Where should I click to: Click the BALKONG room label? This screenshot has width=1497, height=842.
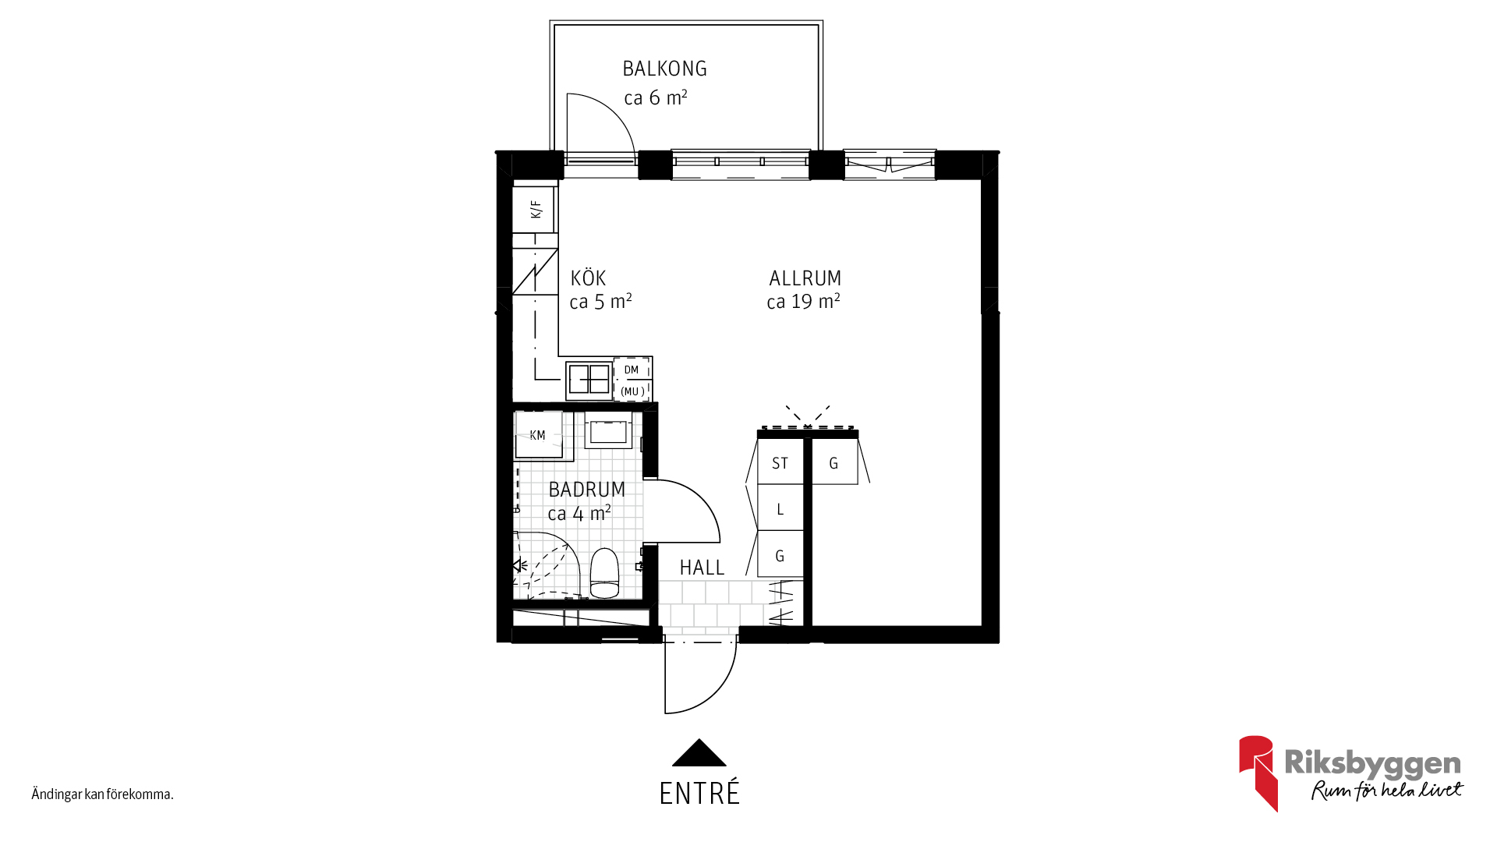coord(664,69)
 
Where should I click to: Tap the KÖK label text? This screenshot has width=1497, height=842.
coord(588,278)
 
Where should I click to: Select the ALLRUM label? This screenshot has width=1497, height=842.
coord(805,278)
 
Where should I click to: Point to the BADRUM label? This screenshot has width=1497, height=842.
coord(586,490)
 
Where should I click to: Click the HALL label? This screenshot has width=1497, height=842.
coord(702,568)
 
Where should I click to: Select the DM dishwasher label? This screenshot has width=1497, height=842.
coord(632,370)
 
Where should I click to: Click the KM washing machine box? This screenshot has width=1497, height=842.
coord(538,435)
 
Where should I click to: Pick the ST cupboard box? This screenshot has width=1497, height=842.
coord(780,462)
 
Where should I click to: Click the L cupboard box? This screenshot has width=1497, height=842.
coord(780,508)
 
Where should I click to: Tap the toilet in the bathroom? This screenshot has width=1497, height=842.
coord(604,573)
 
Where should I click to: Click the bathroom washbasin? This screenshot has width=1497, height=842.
coord(608,430)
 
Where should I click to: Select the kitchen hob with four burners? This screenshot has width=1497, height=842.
coord(589,380)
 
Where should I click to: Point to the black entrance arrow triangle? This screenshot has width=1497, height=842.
coord(699,752)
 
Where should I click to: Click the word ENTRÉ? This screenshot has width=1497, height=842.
coord(699,794)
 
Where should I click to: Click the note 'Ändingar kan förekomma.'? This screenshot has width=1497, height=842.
coord(102,794)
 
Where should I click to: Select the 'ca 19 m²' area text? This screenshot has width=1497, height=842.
coord(803,302)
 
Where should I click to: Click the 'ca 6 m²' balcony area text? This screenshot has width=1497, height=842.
coord(656,97)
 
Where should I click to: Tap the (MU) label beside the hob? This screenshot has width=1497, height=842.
coord(632,391)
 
